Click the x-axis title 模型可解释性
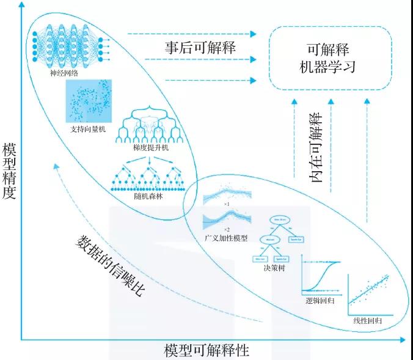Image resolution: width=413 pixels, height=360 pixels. (206, 350)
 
